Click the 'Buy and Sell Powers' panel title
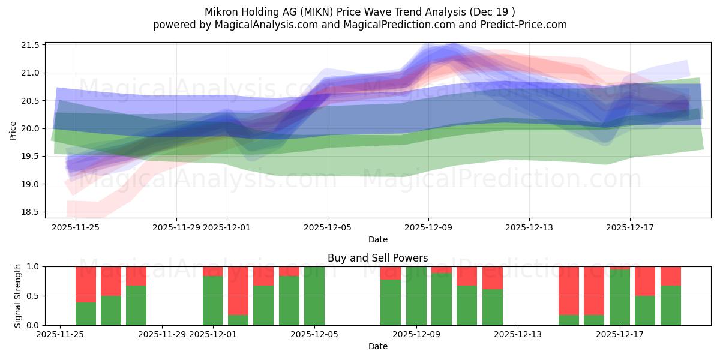[x=377, y=258]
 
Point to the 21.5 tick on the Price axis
[x=32, y=46]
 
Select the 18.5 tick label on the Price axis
[x=32, y=212]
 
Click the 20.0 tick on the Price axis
[x=32, y=128]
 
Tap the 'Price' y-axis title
[x=13, y=130]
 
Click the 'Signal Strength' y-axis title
[x=18, y=296]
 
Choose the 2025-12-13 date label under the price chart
[x=529, y=227]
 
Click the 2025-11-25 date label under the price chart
[x=76, y=227]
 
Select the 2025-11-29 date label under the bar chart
[x=163, y=335]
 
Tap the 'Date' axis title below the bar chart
[x=377, y=346]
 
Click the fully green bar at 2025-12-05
[x=314, y=296]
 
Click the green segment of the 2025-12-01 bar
[x=213, y=300]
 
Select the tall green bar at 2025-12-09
[x=416, y=296]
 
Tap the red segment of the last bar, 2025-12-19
[x=670, y=275]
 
